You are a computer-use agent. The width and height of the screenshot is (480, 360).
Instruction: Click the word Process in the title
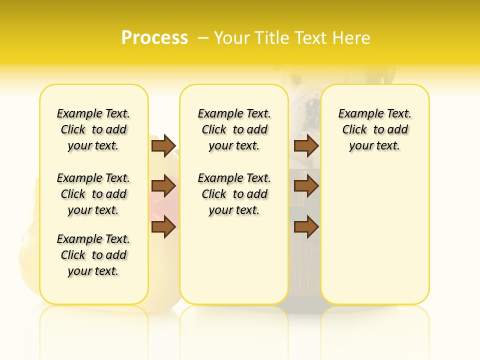[154, 37]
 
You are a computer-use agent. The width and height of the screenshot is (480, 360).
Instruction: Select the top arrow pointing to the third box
[306, 145]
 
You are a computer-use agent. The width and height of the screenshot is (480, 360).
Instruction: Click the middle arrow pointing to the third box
[306, 186]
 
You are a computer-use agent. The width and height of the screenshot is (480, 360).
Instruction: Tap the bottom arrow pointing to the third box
[306, 227]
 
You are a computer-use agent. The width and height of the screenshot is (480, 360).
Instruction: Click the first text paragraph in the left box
[93, 129]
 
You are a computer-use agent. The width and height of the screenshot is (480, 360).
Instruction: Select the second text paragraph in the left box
[93, 194]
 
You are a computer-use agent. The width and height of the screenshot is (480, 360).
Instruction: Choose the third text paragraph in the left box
[93, 255]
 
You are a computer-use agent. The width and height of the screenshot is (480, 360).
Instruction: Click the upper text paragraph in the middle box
[234, 129]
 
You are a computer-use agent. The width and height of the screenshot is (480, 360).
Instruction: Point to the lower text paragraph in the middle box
[234, 194]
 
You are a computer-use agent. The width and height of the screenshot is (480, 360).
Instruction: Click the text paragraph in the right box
[374, 129]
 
